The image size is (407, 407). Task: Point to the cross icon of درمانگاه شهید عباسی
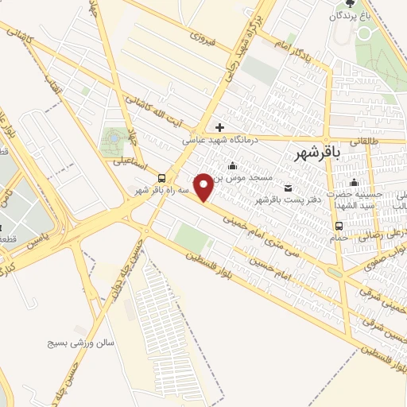pos(219,127)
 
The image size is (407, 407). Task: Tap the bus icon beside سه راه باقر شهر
pos(162,178)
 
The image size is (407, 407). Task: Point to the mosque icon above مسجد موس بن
pos(231,165)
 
